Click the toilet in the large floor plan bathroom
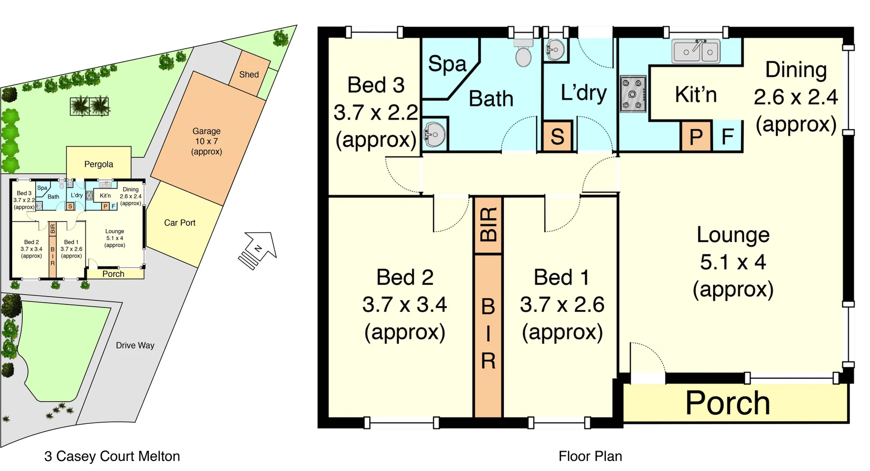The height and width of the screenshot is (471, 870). [x=523, y=54]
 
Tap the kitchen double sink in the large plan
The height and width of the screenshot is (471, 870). [x=696, y=51]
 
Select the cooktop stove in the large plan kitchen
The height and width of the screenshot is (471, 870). [x=633, y=94]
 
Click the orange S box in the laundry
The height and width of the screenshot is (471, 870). [x=557, y=136]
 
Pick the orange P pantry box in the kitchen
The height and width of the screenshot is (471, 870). [x=696, y=136]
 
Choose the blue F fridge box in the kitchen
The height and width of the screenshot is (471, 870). [x=728, y=136]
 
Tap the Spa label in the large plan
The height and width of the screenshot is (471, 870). [x=447, y=64]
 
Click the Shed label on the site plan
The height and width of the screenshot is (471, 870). [x=249, y=74]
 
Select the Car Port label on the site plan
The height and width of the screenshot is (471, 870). [x=179, y=223]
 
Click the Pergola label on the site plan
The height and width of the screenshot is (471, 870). [x=98, y=164]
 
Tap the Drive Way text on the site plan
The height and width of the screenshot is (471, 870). [x=135, y=345]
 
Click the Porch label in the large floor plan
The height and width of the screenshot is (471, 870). [x=728, y=403]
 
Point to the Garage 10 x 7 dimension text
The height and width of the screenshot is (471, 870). [x=206, y=141]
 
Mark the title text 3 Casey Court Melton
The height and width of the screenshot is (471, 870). [x=112, y=456]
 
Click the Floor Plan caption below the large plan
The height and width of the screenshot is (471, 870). [x=590, y=456]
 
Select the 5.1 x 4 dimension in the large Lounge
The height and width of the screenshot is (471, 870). [x=733, y=262]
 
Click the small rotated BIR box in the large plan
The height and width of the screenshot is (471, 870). [x=488, y=225]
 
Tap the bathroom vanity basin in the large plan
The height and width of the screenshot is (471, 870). [x=434, y=134]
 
